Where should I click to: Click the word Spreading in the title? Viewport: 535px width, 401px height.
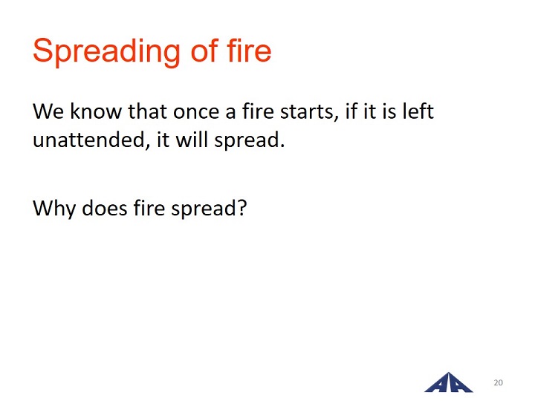(x=106, y=52)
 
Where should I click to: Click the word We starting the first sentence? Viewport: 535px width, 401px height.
(x=48, y=111)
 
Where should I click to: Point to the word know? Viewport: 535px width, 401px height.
(x=96, y=111)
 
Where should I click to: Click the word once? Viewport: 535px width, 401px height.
(x=196, y=112)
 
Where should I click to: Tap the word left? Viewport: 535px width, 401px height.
(x=418, y=111)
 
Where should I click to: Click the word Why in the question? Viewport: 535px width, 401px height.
(x=54, y=208)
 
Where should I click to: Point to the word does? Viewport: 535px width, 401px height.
(x=105, y=207)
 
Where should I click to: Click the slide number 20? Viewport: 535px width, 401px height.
(x=498, y=382)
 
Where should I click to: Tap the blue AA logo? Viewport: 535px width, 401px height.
(x=448, y=382)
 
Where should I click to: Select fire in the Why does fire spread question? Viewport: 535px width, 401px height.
(x=149, y=207)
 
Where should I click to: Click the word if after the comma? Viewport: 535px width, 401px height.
(x=351, y=111)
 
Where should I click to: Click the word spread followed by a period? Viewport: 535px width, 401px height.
(x=247, y=140)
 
